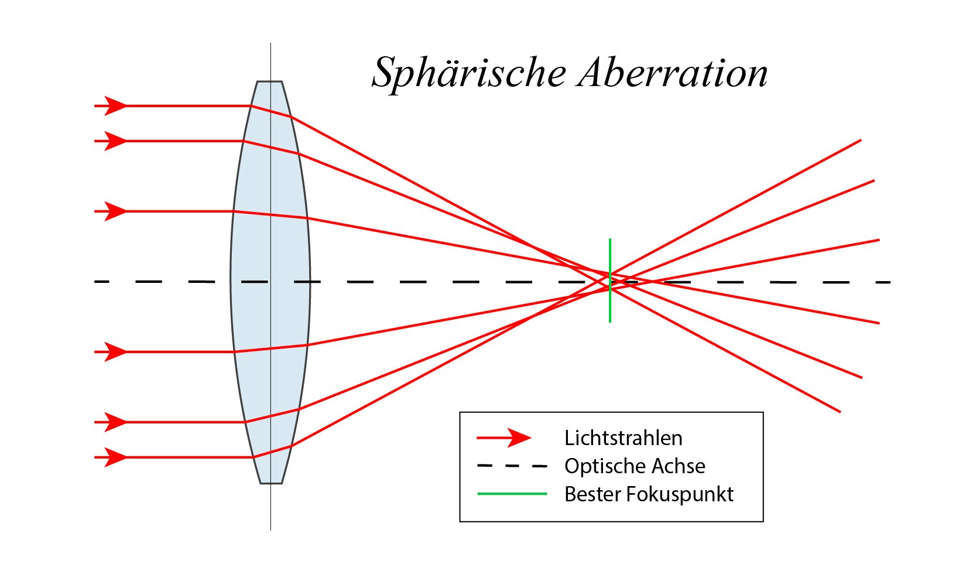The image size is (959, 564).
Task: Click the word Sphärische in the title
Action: (x=469, y=74)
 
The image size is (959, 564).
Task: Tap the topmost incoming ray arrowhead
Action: (x=115, y=106)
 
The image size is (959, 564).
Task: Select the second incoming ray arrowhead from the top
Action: (x=115, y=141)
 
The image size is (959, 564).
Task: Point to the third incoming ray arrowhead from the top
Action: (x=115, y=211)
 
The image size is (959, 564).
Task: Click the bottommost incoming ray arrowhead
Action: (x=115, y=457)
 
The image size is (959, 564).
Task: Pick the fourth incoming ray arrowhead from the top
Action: (x=115, y=352)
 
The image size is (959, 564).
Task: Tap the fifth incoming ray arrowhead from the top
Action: (x=115, y=422)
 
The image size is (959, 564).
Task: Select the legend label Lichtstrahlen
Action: (x=623, y=438)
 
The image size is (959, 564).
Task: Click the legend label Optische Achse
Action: (x=635, y=466)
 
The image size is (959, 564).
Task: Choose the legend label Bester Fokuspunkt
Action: (x=649, y=494)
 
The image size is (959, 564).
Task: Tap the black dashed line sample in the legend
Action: (x=512, y=466)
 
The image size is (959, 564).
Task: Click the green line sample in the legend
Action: (x=512, y=494)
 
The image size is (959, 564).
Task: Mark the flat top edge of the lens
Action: (x=269, y=81)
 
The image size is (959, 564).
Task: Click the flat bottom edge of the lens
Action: (x=271, y=483)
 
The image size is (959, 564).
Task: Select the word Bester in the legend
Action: (x=592, y=494)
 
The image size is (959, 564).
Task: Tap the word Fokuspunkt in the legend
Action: (x=679, y=494)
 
